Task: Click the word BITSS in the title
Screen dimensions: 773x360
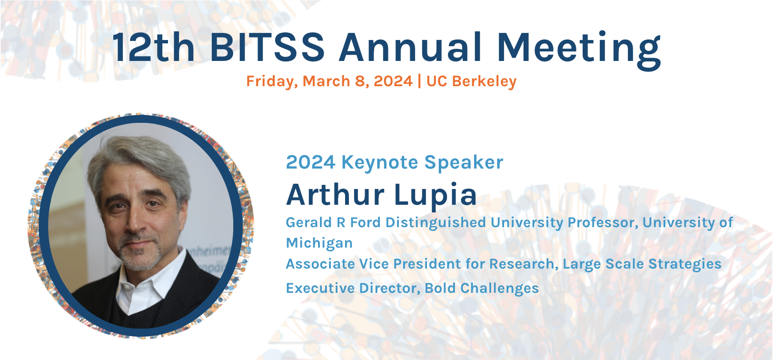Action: tap(267, 47)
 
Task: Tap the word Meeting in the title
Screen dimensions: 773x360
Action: tap(579, 50)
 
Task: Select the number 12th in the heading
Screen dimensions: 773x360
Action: tap(154, 47)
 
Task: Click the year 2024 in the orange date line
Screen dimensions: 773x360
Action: tap(393, 81)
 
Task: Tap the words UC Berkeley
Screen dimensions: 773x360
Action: tap(471, 82)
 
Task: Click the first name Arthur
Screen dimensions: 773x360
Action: tap(335, 194)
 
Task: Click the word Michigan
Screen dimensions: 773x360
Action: tap(319, 243)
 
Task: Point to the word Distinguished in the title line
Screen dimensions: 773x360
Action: tap(436, 223)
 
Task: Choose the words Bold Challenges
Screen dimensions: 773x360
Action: tap(481, 288)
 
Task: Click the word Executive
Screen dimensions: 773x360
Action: tap(318, 288)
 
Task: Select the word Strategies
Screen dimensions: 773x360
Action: tap(684, 264)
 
